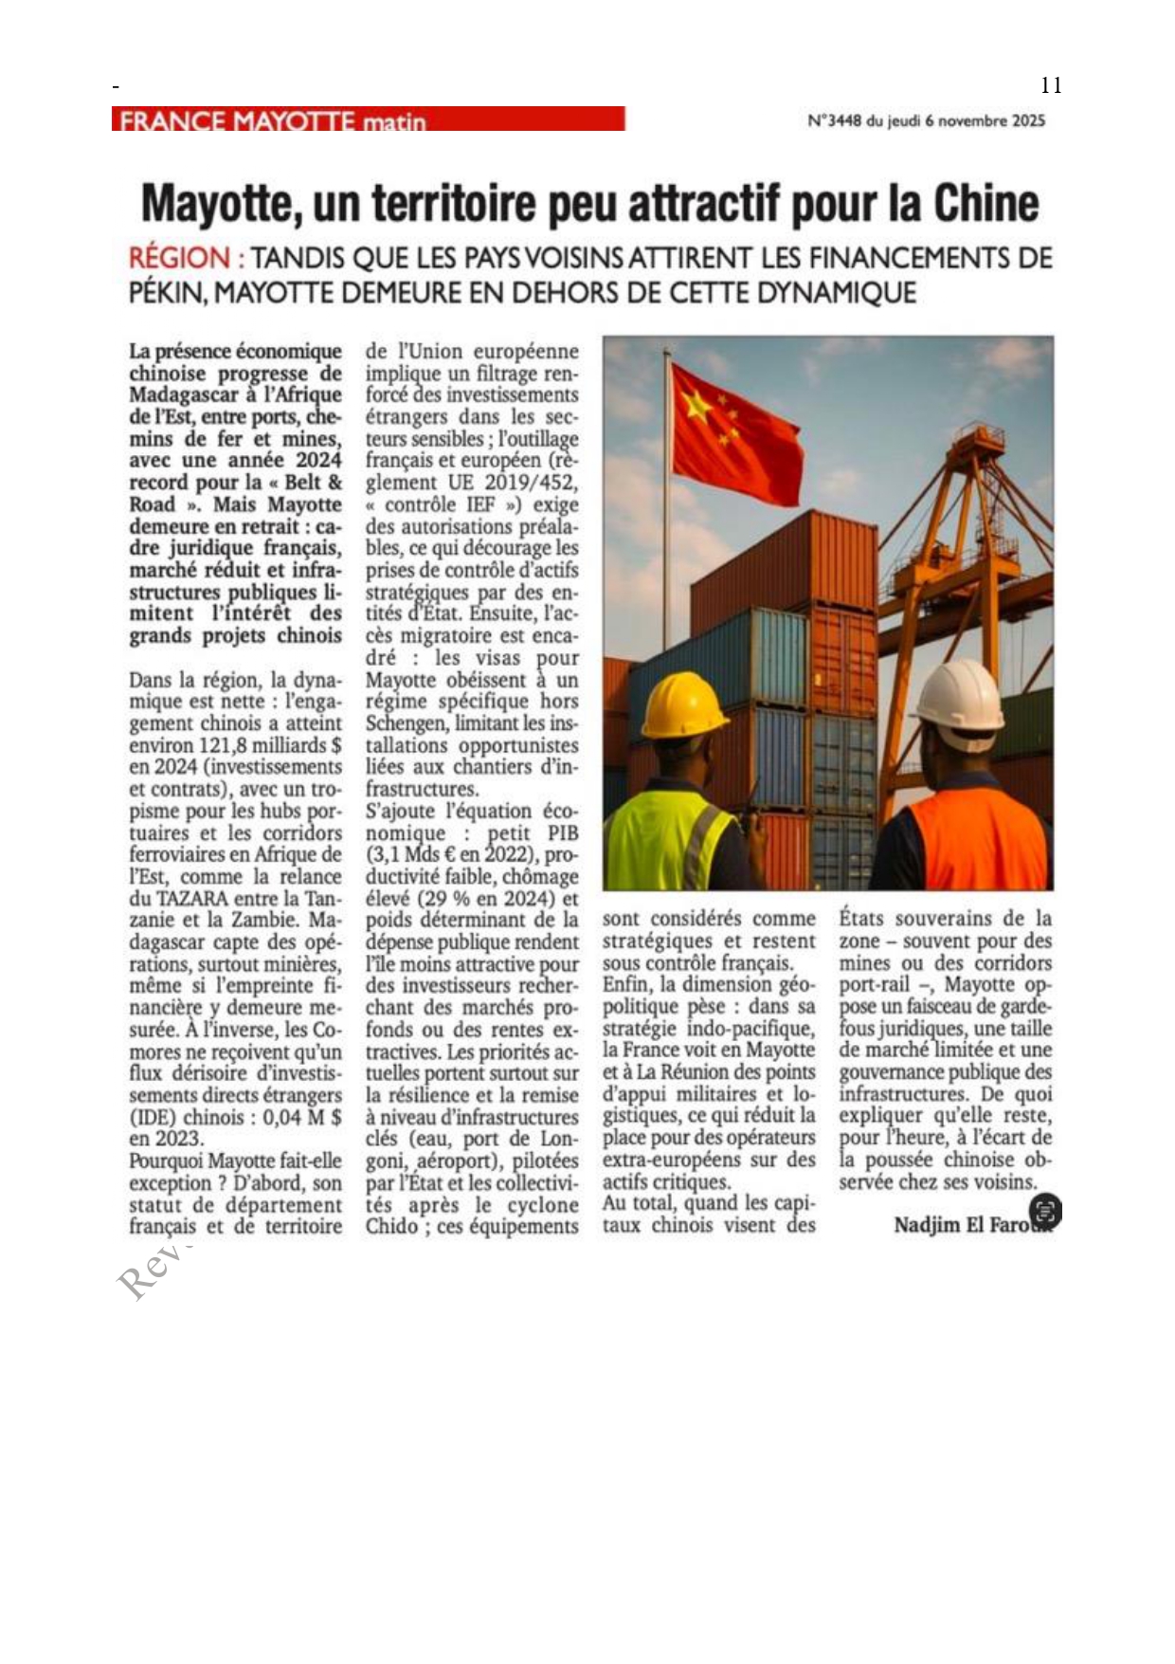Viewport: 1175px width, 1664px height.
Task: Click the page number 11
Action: [1051, 85]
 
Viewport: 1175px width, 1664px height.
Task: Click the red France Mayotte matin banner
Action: [368, 119]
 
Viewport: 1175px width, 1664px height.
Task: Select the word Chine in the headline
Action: [985, 203]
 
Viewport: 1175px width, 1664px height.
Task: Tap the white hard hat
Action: [959, 706]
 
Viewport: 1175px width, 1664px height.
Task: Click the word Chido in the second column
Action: [392, 1227]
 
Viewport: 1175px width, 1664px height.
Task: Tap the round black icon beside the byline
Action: [1045, 1211]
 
